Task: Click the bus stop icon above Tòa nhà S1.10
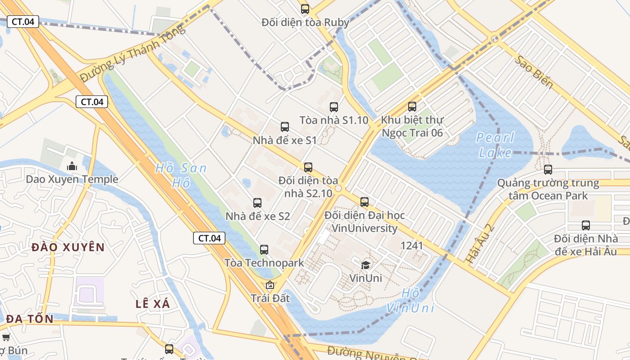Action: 333,107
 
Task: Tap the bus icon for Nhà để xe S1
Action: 285,126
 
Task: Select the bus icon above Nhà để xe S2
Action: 257,202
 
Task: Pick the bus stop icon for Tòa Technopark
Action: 264,249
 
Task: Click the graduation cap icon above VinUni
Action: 365,265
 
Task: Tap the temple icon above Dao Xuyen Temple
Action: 72,166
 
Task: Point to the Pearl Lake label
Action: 495,145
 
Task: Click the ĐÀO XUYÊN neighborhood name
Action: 68,247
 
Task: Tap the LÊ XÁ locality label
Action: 153,304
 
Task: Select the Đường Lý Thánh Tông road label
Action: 133,53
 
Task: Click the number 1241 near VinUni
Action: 412,245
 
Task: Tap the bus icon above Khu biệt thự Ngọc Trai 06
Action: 412,106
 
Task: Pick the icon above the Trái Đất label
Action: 270,285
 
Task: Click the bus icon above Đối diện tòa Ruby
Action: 305,9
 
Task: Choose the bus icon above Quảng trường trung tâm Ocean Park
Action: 548,169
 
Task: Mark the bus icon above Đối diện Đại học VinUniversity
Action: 364,202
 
